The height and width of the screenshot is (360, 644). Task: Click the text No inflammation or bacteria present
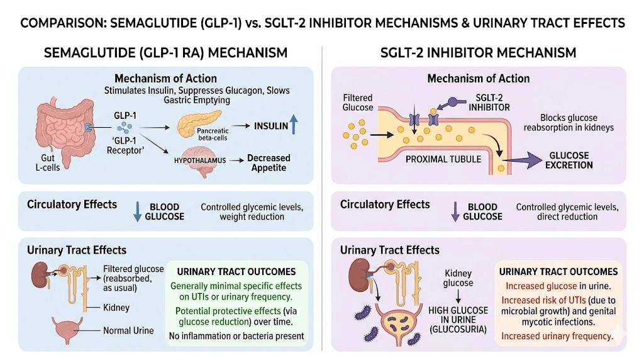(x=236, y=335)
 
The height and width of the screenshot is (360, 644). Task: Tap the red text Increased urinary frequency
(x=557, y=336)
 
